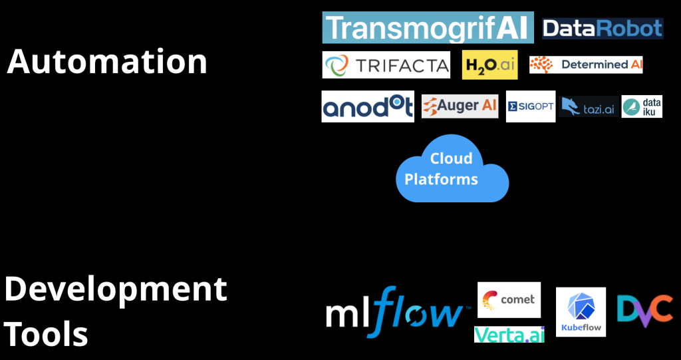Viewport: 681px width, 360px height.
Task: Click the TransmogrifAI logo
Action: [428, 28]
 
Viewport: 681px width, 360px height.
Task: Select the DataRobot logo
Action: [603, 28]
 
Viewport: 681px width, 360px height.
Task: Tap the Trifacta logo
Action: [386, 65]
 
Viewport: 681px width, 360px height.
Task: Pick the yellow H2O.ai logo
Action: [489, 65]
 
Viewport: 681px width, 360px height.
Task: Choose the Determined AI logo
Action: [586, 65]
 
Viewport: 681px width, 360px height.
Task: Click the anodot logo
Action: [368, 106]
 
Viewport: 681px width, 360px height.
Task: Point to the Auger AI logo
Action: [460, 106]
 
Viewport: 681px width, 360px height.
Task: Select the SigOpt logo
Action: [530, 106]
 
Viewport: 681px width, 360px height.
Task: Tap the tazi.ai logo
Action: [588, 106]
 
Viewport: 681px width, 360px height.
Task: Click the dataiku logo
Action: [642, 106]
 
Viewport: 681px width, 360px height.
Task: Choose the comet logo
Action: [509, 299]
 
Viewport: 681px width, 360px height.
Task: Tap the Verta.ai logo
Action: [509, 334]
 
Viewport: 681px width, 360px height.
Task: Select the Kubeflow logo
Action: [581, 311]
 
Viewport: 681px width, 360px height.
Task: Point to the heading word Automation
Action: [107, 62]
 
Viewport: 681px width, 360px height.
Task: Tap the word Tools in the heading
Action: [47, 333]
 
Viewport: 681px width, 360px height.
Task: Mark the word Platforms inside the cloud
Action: [441, 179]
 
